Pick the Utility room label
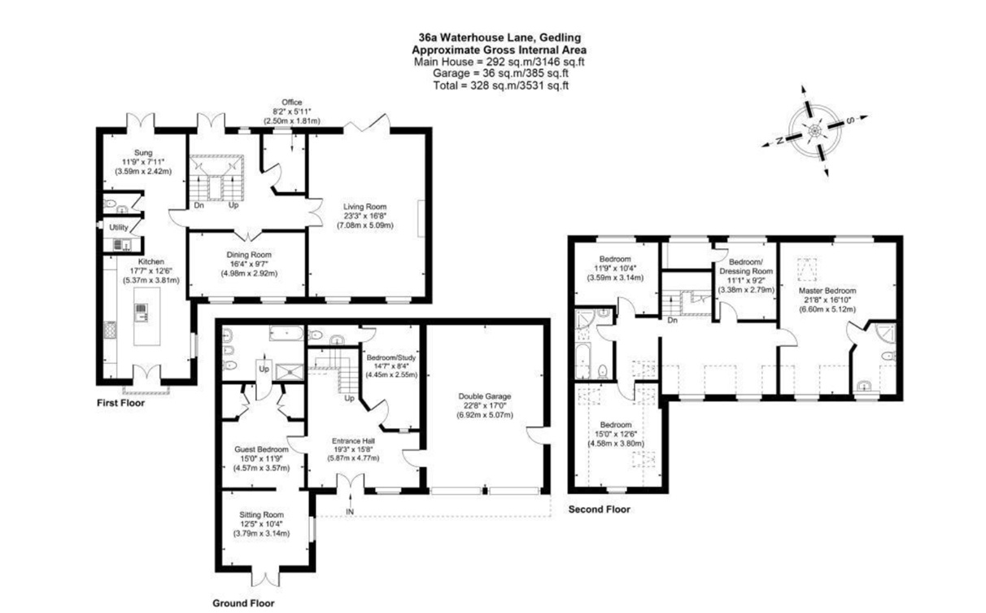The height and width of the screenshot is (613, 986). pyautogui.click(x=119, y=228)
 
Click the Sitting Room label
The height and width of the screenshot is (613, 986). pyautogui.click(x=261, y=514)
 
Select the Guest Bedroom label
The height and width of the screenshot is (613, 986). pyautogui.click(x=261, y=449)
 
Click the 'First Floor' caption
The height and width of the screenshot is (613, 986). pyautogui.click(x=120, y=403)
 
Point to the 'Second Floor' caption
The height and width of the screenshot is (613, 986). pyautogui.click(x=598, y=510)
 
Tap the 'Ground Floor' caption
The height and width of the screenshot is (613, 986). pyautogui.click(x=243, y=603)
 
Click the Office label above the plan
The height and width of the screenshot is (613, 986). pyautogui.click(x=291, y=103)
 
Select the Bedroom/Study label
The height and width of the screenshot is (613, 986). pyautogui.click(x=391, y=357)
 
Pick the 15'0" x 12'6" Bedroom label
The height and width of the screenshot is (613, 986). pyautogui.click(x=616, y=425)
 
